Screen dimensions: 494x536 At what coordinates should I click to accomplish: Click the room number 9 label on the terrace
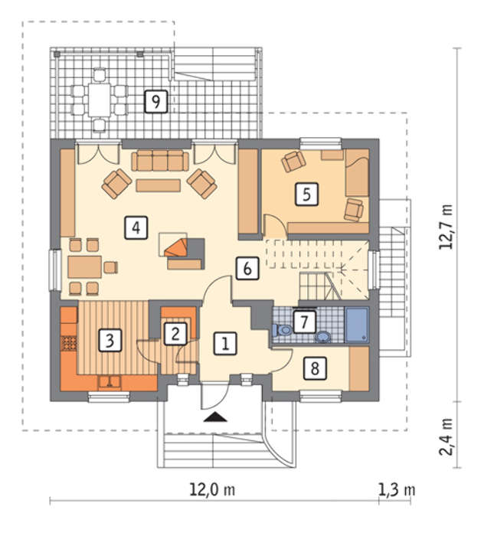(156, 102)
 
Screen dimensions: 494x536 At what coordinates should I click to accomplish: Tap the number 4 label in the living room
(136, 227)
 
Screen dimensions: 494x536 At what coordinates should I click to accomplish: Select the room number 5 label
(306, 194)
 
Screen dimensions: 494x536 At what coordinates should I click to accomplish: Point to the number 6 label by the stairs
(247, 268)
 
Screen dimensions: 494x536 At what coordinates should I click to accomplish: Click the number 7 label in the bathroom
(304, 322)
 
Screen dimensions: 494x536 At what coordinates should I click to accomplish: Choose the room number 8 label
(315, 368)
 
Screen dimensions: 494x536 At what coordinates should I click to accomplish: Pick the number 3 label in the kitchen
(110, 340)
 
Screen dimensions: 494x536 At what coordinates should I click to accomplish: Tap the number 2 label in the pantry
(175, 334)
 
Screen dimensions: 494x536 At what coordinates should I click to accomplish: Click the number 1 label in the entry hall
(225, 343)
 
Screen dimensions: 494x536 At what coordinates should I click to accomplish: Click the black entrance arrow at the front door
(215, 417)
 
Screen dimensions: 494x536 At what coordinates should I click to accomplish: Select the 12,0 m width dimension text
(212, 490)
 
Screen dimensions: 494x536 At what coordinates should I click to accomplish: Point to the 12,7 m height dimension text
(446, 227)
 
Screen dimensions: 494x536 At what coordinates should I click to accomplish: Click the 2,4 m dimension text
(446, 437)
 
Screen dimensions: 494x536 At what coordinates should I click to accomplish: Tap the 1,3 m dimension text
(397, 490)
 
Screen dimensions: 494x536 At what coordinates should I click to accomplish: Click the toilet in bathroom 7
(282, 330)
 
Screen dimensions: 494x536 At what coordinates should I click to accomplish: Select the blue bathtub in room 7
(357, 325)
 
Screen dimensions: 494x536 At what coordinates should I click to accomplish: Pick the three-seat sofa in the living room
(160, 161)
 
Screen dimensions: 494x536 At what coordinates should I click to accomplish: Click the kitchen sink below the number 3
(110, 382)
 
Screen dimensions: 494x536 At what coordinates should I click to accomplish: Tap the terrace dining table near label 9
(99, 100)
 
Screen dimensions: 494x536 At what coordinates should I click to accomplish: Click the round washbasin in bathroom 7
(322, 337)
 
